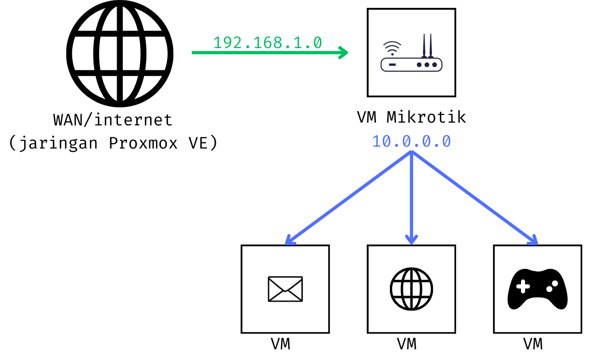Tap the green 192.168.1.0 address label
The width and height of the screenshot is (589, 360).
coord(267,43)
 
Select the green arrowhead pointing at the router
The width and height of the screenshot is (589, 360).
coord(343,53)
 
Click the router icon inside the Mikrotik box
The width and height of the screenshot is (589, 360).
coord(411,59)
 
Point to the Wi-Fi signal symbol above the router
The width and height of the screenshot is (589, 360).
coord(392,48)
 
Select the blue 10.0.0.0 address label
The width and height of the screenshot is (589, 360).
coord(411,141)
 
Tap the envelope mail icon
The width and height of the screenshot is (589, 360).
coord(285,289)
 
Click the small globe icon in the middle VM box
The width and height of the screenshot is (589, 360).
coord(411,289)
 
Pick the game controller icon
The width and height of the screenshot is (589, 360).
coord(537,289)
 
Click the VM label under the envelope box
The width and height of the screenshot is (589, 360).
coord(281,344)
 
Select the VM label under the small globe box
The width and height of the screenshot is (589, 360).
coord(407,344)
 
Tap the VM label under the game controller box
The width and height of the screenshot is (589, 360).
coord(533,344)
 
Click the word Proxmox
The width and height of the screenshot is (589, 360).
coord(143,143)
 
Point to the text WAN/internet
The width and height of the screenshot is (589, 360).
coord(113,120)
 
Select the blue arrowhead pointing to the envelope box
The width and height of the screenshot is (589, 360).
coord(289,240)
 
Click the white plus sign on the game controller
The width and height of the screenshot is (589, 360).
coord(523,287)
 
